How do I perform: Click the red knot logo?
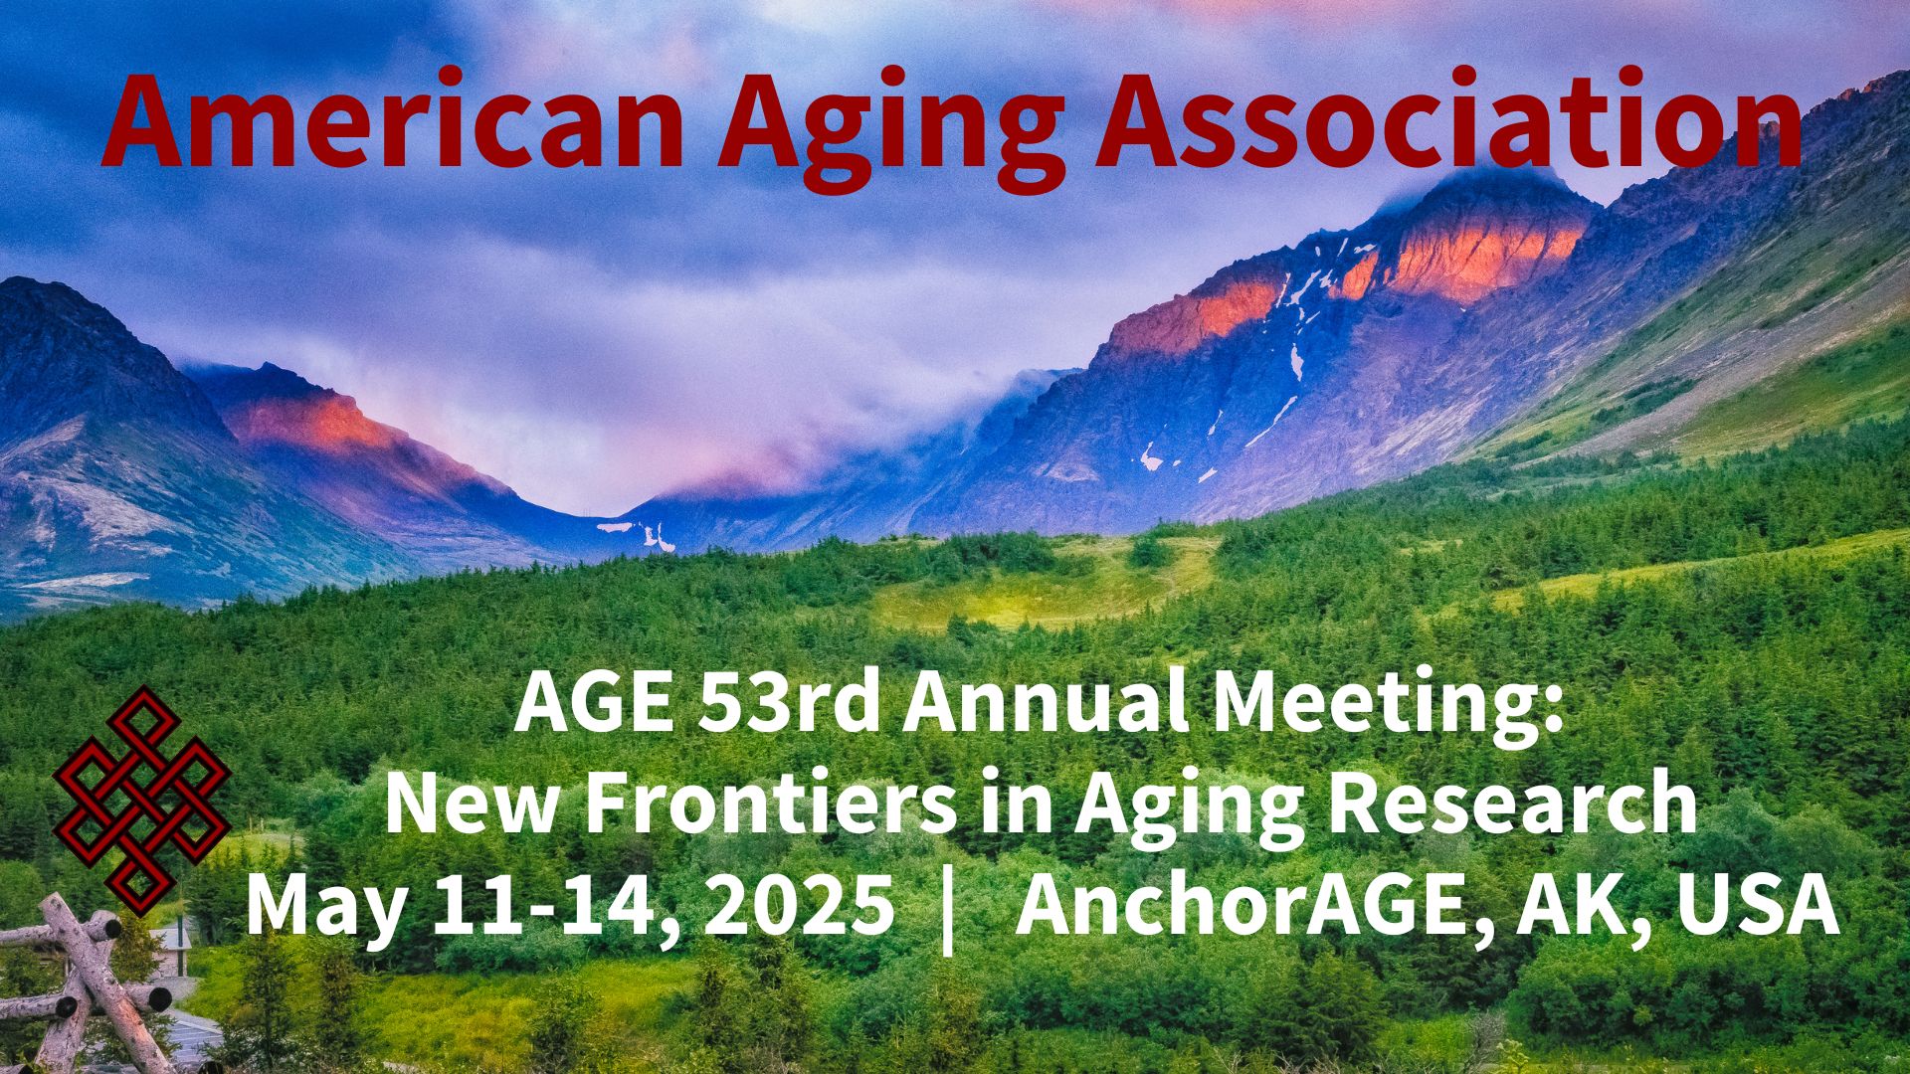(141, 799)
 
